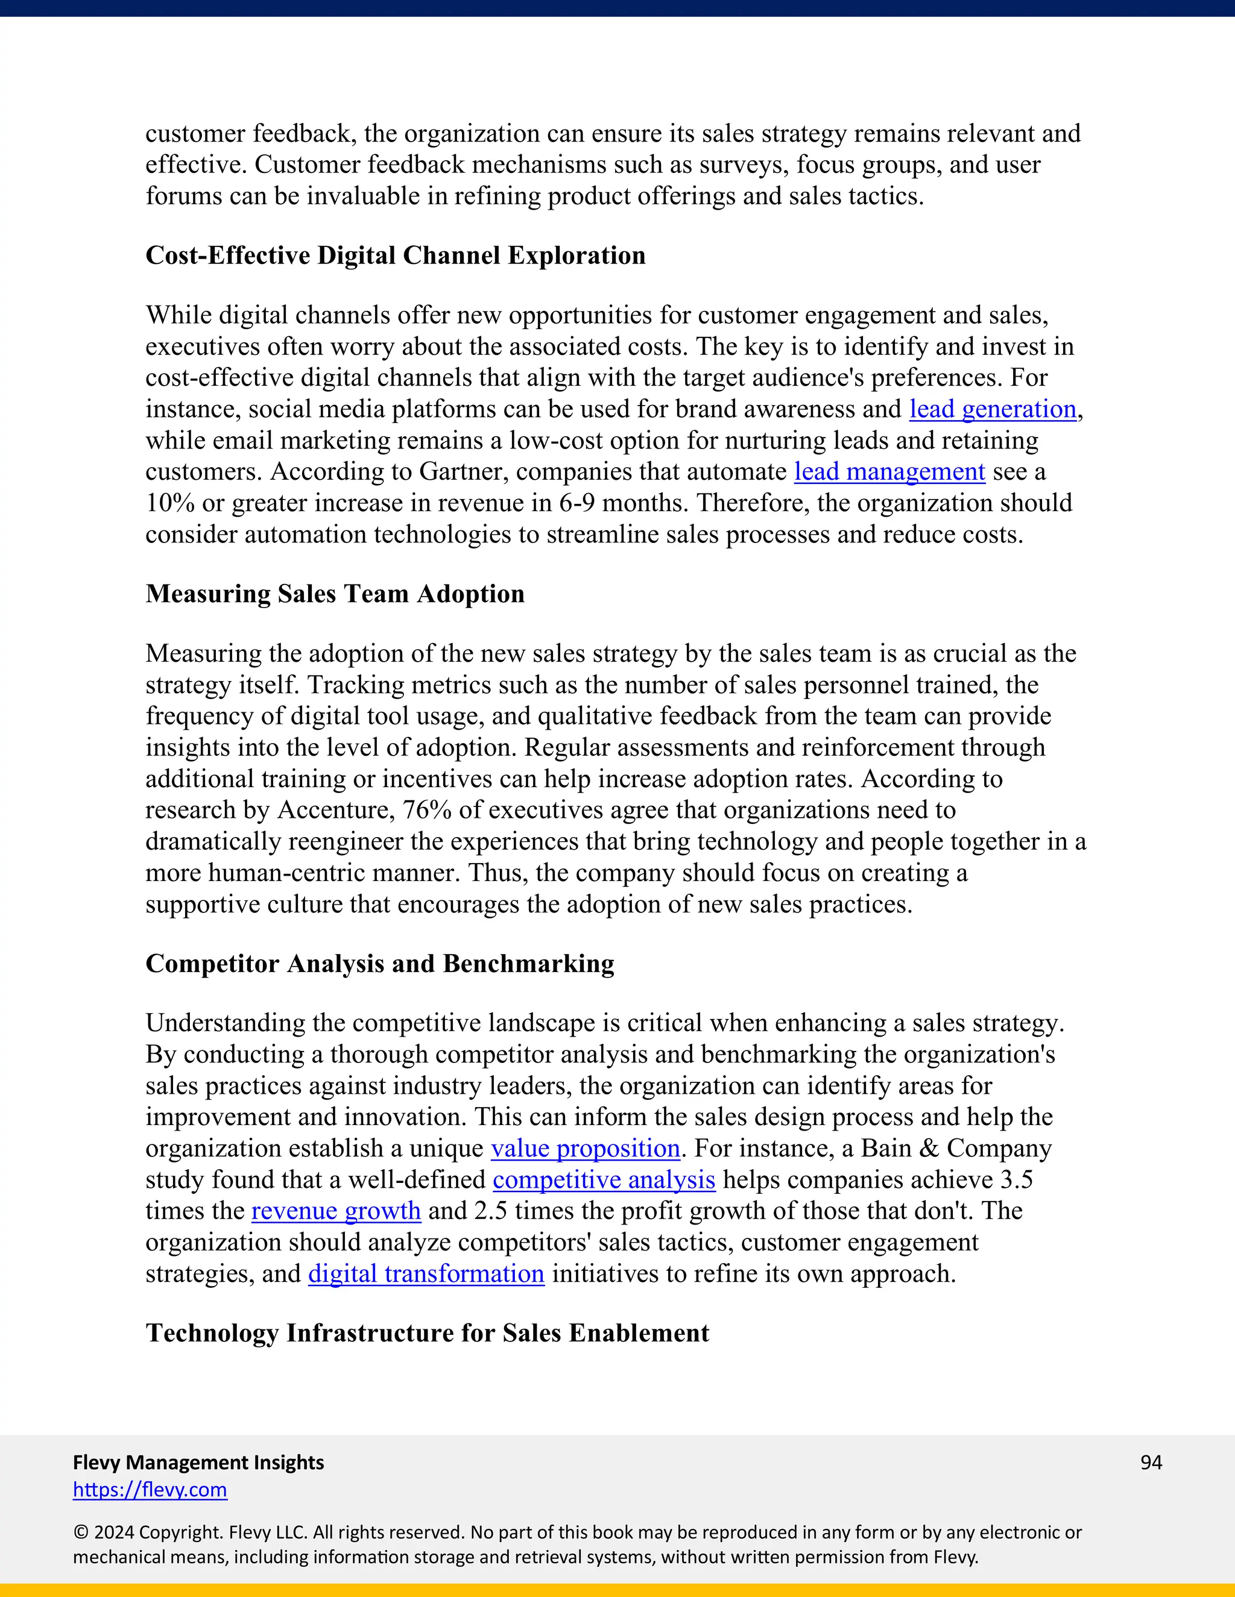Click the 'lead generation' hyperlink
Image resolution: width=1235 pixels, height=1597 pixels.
(x=992, y=409)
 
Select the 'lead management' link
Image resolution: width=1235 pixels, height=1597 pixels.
(x=889, y=472)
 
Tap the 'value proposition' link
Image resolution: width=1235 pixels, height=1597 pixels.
(x=586, y=1149)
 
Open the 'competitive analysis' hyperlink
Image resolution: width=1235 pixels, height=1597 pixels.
(x=604, y=1180)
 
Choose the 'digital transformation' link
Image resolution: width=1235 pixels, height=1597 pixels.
(x=426, y=1274)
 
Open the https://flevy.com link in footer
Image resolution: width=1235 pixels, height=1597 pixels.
(x=150, y=1490)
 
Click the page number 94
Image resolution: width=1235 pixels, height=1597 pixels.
(x=1151, y=1463)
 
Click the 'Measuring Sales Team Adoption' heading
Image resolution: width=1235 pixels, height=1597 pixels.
(x=335, y=594)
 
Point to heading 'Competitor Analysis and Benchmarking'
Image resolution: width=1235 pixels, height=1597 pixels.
(x=380, y=964)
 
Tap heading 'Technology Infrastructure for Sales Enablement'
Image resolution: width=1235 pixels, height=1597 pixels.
(x=428, y=1333)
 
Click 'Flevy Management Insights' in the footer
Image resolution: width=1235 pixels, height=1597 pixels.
(x=198, y=1463)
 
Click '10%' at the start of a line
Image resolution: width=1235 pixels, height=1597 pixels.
(x=169, y=503)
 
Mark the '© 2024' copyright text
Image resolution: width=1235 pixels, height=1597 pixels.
(x=103, y=1533)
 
